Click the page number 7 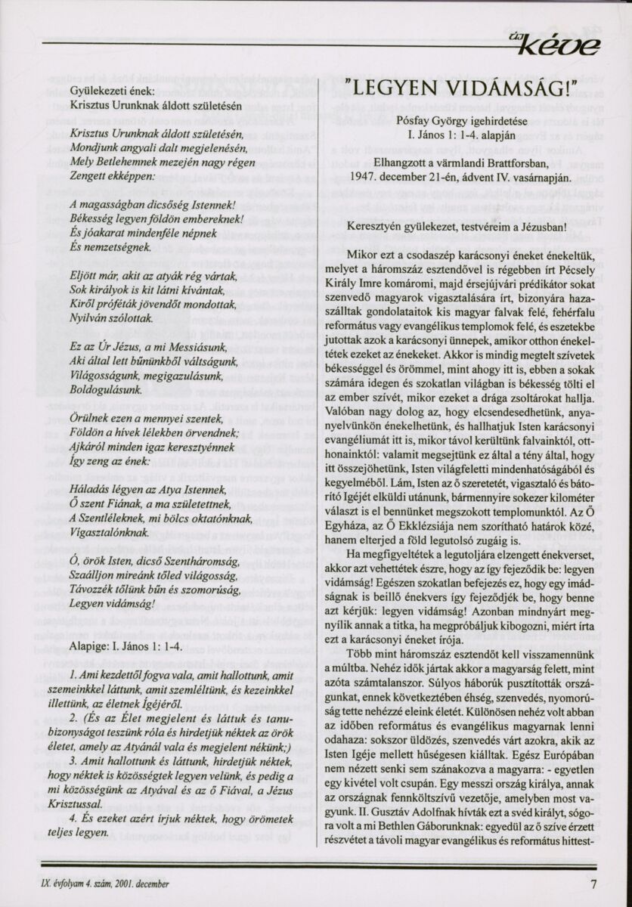[x=595, y=883]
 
